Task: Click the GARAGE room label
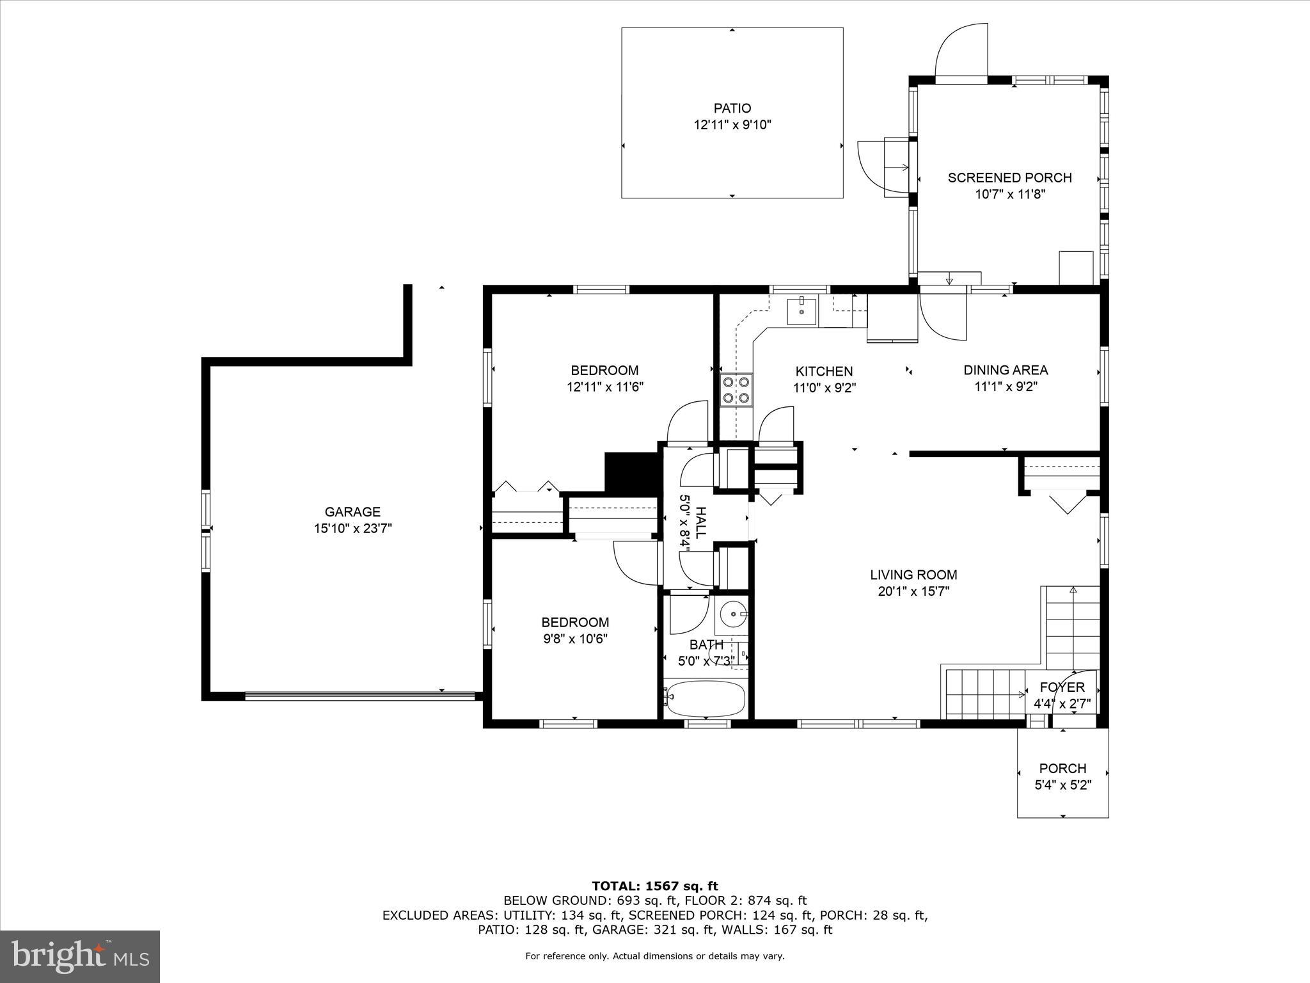(352, 511)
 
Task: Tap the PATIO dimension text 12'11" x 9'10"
(732, 125)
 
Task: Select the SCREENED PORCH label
(1009, 177)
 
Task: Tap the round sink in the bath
(732, 615)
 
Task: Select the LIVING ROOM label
(913, 575)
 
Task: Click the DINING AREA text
(1006, 370)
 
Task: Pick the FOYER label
(1062, 687)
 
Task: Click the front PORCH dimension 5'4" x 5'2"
(1062, 785)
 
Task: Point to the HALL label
(701, 522)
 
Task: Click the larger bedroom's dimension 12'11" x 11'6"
(604, 387)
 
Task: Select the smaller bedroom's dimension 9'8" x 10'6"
(575, 639)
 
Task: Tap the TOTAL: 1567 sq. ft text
(655, 886)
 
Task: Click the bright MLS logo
(80, 957)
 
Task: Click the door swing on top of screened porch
(959, 51)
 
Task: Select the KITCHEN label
(824, 371)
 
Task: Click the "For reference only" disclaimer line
(655, 956)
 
